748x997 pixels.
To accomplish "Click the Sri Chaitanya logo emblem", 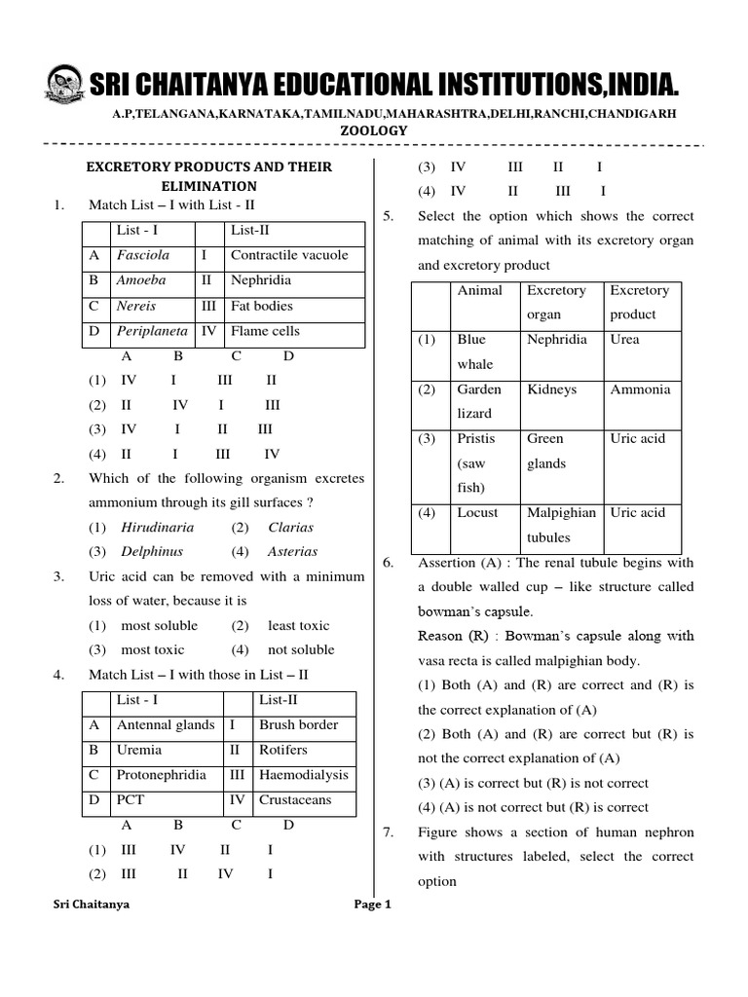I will click(63, 86).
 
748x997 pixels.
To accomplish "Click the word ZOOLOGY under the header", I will click(374, 130).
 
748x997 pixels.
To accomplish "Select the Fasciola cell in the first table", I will click(143, 256).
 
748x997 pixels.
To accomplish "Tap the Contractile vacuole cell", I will click(289, 256).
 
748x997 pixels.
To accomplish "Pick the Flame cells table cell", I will click(265, 331).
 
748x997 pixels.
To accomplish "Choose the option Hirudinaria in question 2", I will click(157, 527).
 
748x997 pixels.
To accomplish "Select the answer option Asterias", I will click(292, 551).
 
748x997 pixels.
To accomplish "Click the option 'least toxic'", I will click(299, 625).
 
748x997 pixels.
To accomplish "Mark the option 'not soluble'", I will click(301, 649).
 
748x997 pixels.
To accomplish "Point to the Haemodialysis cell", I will click(303, 775).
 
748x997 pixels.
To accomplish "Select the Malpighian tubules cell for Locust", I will click(561, 525).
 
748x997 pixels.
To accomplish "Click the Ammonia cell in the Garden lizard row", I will click(640, 389).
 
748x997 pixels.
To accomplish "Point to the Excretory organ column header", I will click(556, 302).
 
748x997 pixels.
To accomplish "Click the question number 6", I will click(387, 563).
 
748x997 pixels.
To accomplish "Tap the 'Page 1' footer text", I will click(373, 904).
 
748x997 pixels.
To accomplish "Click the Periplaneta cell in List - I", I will click(151, 331).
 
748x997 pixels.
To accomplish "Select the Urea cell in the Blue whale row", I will click(625, 340).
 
